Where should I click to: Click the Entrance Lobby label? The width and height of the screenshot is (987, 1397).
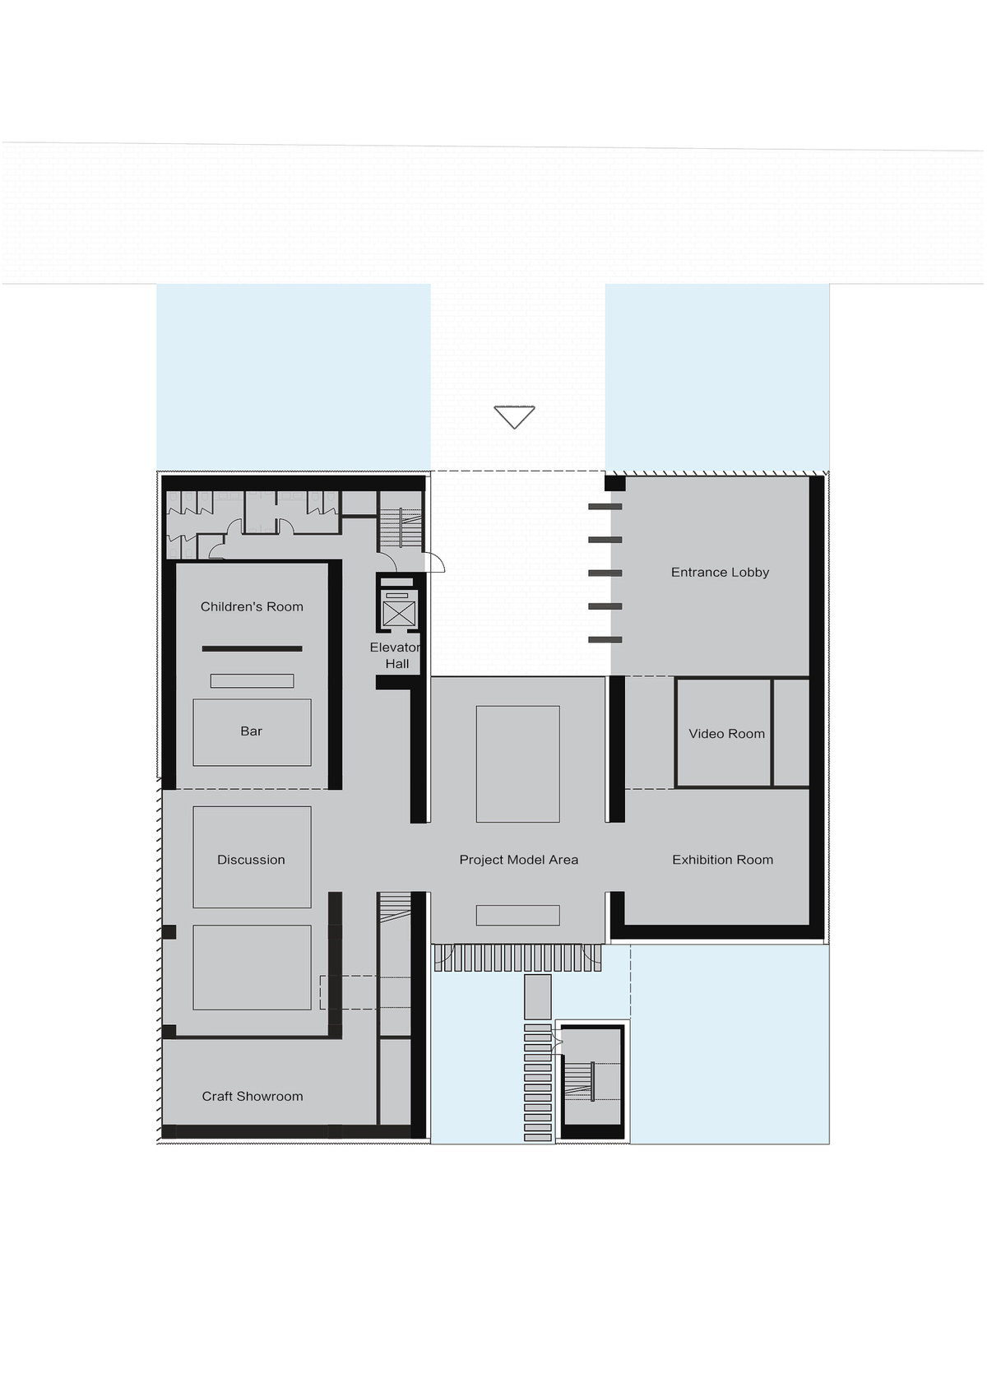(720, 572)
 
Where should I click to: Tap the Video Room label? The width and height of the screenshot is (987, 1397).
(726, 733)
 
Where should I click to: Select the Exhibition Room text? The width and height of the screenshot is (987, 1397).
(722, 860)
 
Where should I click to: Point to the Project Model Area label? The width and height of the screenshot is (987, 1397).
(519, 860)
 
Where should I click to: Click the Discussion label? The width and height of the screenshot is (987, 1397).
(251, 860)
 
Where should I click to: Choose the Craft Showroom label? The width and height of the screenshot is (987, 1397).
(252, 1096)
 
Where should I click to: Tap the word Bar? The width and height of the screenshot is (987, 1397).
(251, 731)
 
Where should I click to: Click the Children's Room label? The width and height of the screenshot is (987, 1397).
(251, 606)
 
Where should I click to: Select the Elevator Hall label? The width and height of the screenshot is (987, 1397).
(396, 656)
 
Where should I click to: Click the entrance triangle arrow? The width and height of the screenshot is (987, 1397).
(514, 417)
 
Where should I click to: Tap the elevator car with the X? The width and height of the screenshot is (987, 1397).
(398, 614)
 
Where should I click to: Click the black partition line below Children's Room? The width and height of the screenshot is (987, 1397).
(252, 648)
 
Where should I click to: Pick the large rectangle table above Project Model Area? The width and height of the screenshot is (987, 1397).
(517, 764)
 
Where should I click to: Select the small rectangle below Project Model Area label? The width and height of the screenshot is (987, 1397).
(517, 915)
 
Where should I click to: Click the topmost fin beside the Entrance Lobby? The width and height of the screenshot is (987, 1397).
(605, 507)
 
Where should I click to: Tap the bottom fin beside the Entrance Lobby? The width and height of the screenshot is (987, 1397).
(605, 639)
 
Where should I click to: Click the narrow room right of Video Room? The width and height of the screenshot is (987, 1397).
(790, 733)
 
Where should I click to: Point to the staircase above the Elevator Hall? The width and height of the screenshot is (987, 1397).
(401, 527)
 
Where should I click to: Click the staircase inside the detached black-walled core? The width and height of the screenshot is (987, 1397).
(579, 1081)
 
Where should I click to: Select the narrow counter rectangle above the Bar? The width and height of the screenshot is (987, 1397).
(252, 680)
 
